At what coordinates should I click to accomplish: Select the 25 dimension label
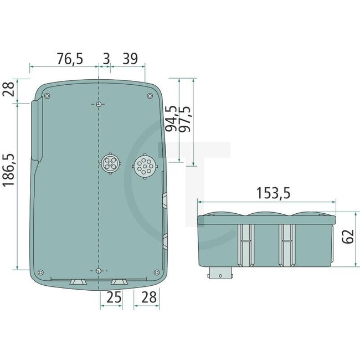pyautogui.click(x=114, y=297)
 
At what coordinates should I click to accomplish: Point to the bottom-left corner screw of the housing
pyautogui.click(x=40, y=272)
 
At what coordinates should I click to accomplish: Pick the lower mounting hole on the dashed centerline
pyautogui.click(x=98, y=270)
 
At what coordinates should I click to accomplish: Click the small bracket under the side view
pyautogui.click(x=220, y=274)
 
